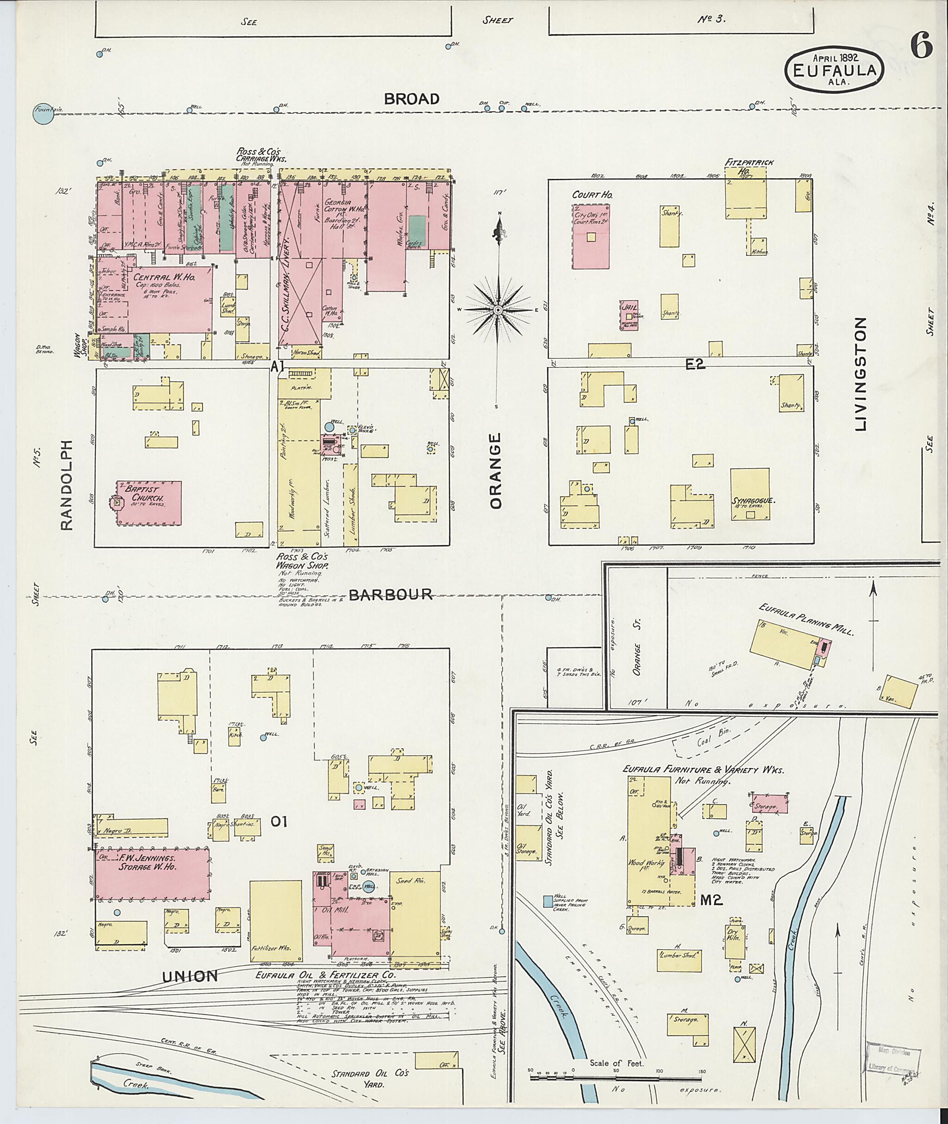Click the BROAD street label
coord(412,99)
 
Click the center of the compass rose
coord(498,310)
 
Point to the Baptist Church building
coord(149,503)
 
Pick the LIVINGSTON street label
coord(861,373)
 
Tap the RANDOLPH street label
coord(66,485)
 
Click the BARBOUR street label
coord(391,594)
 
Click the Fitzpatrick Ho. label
coord(744,166)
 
